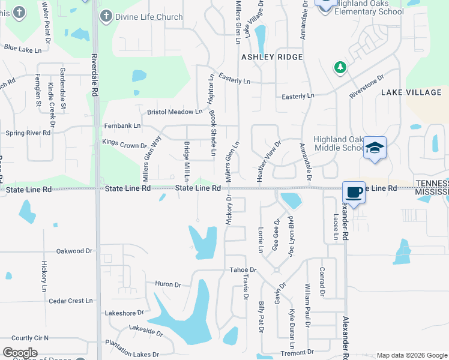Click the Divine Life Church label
point(149,17)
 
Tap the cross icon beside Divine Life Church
point(106,17)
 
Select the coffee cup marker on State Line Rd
point(354,193)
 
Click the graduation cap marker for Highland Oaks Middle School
point(375,148)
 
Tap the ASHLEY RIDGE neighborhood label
point(271,57)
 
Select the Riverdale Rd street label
point(95,75)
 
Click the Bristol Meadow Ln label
point(175,112)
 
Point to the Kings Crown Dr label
point(124,145)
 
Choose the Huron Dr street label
point(167,284)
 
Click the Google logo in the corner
point(20,353)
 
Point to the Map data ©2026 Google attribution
point(412,355)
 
